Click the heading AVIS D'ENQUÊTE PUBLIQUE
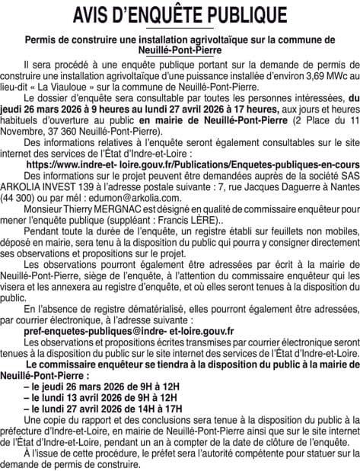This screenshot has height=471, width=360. pos(180,14)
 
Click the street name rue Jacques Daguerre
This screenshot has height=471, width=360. pos(278,182)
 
